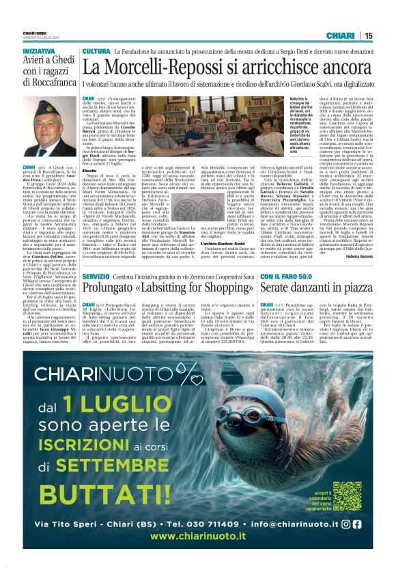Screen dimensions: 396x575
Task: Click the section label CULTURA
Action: point(96,51)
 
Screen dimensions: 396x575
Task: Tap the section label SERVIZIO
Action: point(96,275)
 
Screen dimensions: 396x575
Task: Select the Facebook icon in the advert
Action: point(356,524)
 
